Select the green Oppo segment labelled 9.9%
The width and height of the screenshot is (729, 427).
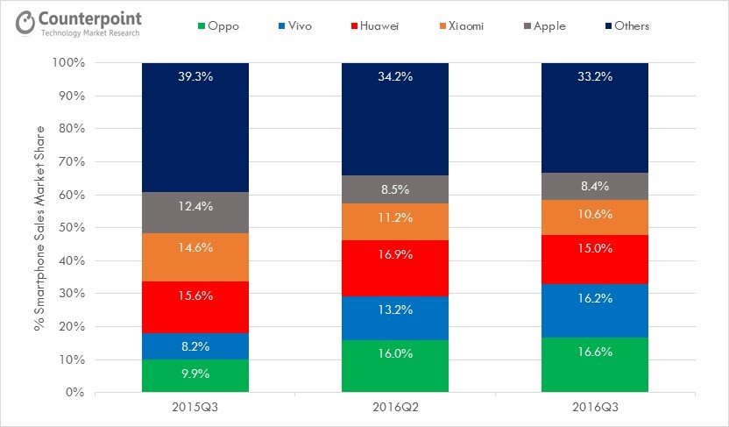coord(195,376)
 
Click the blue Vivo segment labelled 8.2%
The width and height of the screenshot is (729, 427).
coord(195,346)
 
